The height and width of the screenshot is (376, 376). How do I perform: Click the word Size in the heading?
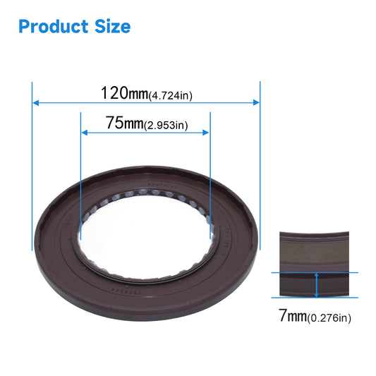(110, 27)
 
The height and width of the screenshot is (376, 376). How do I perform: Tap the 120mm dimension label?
(124, 93)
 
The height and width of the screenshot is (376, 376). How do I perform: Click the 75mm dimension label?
(123, 123)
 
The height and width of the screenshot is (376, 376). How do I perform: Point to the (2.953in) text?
(165, 126)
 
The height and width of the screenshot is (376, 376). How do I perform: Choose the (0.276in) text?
(328, 318)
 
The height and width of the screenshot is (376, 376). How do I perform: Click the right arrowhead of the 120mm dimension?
(257, 103)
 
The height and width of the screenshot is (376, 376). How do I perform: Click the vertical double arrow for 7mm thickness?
(317, 284)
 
